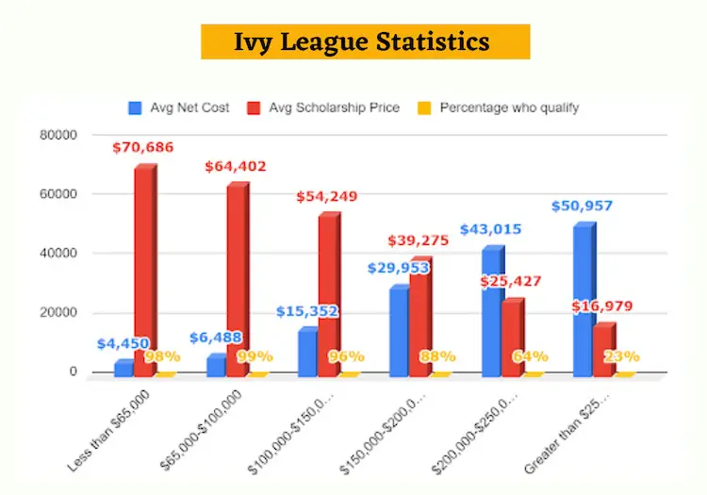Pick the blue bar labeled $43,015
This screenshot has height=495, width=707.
(x=493, y=312)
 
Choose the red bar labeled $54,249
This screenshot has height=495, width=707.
(x=328, y=295)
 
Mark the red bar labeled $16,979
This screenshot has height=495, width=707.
(x=604, y=350)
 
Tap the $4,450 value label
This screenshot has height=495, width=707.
(x=123, y=343)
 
